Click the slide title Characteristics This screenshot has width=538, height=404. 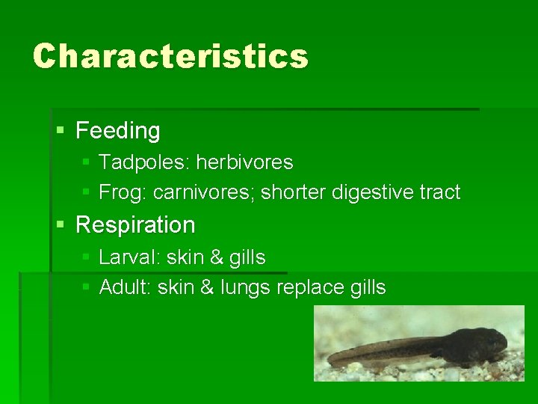[170, 56]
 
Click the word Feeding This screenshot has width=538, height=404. [118, 131]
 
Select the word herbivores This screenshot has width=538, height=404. [244, 162]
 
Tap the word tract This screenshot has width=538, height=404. [440, 192]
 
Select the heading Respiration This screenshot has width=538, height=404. [135, 224]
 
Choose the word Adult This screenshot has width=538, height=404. [124, 287]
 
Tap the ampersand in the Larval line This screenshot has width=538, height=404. [217, 257]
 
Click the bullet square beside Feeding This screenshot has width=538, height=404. [61, 131]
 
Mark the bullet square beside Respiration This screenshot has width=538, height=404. [61, 224]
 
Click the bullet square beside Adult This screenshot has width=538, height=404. [86, 287]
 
